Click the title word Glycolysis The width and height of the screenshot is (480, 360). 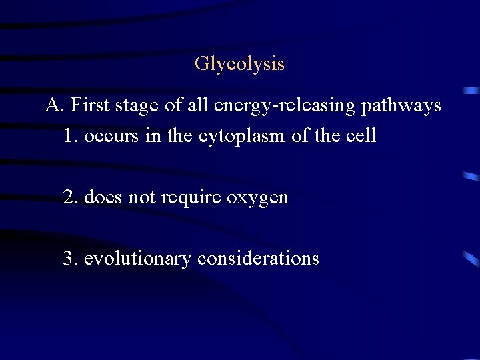click(239, 64)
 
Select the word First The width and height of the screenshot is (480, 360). click(88, 105)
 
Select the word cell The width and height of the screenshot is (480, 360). click(361, 136)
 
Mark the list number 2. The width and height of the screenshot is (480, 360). click(69, 197)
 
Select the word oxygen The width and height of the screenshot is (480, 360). click(258, 198)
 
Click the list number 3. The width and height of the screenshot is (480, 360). click(69, 258)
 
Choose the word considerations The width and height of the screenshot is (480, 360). click(258, 258)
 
